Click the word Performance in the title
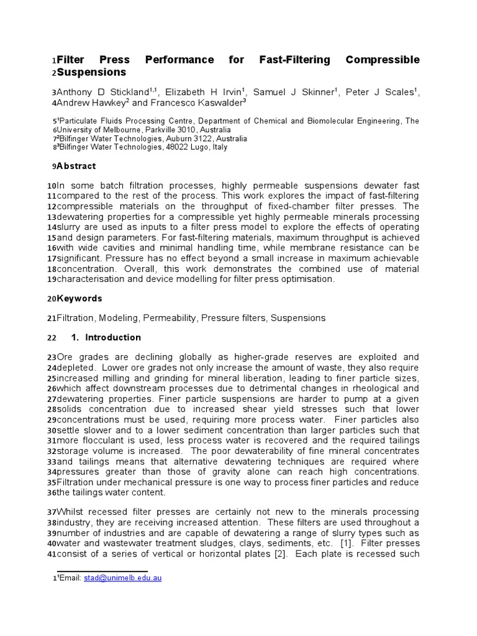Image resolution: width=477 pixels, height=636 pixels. coord(179,60)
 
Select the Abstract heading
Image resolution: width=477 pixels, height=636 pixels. coord(76,166)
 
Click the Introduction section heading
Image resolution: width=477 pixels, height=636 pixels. coord(112,337)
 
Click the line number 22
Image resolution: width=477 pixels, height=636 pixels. coord(51,338)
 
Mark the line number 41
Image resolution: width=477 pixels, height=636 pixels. coord(51,554)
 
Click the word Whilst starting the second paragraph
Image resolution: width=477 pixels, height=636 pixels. coord(72,512)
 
